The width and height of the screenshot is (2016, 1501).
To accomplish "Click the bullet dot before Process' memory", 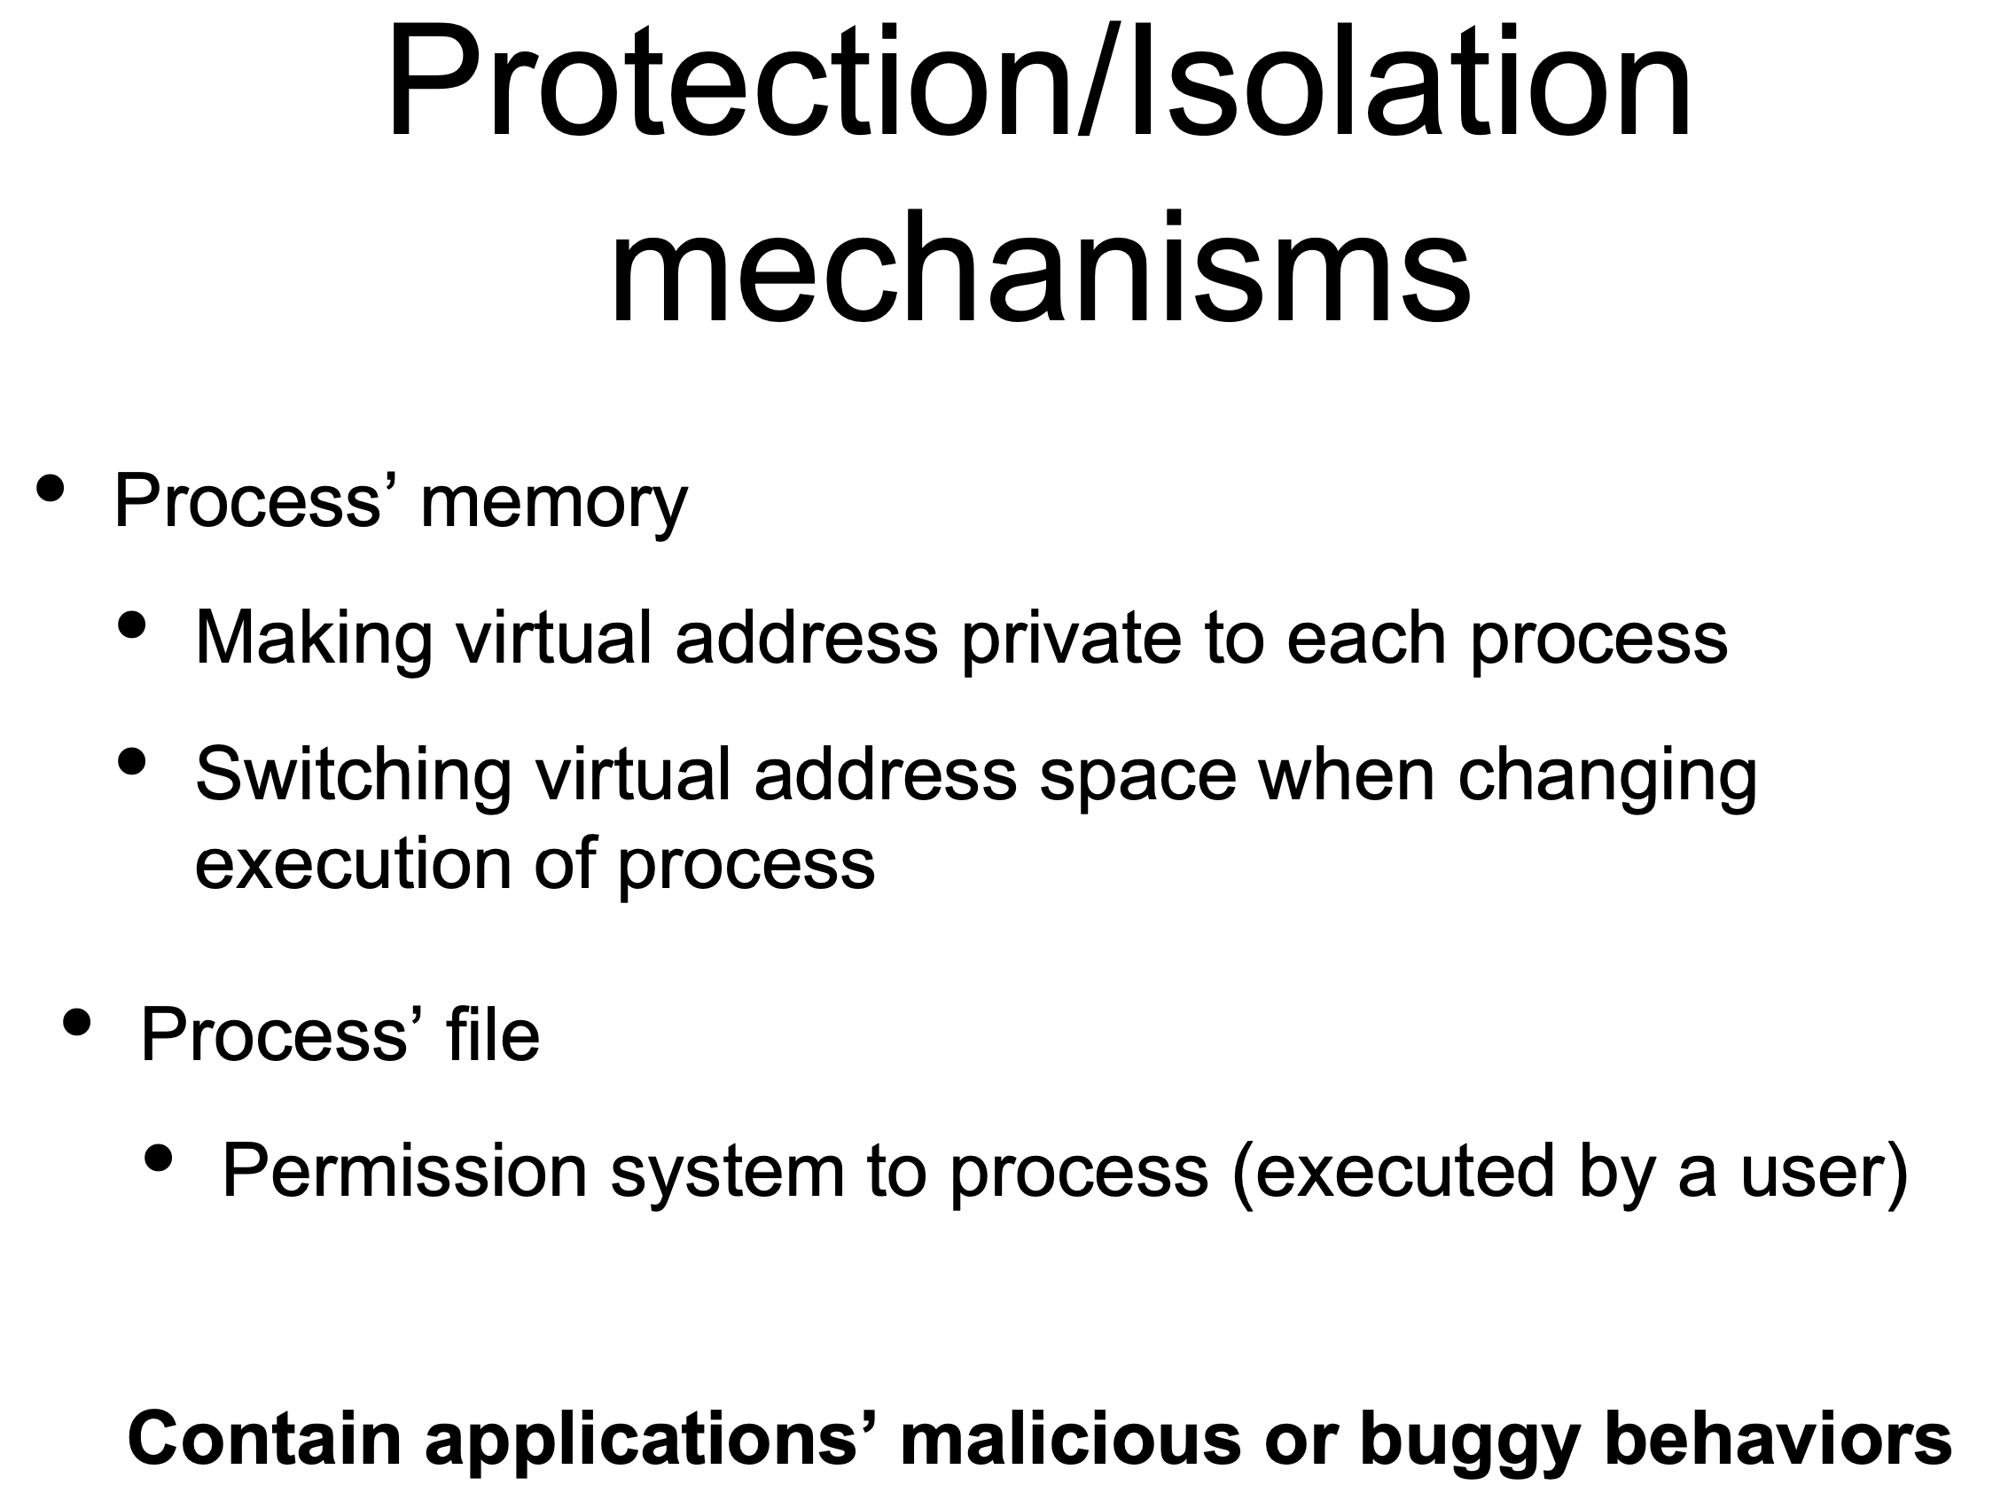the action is pyautogui.click(x=50, y=488).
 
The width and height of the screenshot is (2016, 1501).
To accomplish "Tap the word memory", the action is pyautogui.click(x=554, y=504).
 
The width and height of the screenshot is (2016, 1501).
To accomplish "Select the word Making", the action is pyautogui.click(x=314, y=640).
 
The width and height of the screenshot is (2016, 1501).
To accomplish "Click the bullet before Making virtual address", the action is pyautogui.click(x=132, y=625).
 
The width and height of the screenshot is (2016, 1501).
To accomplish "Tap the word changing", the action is pyautogui.click(x=1607, y=776).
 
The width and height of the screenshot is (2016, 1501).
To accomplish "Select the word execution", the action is pyautogui.click(x=354, y=863).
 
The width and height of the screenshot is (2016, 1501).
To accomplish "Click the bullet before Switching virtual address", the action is pyautogui.click(x=132, y=761).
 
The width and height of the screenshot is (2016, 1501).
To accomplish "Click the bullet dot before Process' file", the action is pyautogui.click(x=77, y=1022).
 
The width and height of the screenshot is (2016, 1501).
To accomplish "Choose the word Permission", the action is pyautogui.click(x=405, y=1171).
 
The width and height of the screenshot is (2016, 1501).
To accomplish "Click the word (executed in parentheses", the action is pyautogui.click(x=1395, y=1173).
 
